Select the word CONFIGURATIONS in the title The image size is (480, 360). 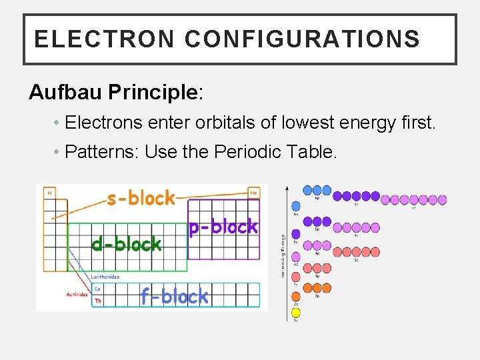pos(302,39)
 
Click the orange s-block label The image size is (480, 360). pos(141,198)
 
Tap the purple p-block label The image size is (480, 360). pos(222,227)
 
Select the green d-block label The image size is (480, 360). pos(126,245)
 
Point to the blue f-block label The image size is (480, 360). pos(174,296)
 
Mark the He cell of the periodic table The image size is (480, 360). pos(253,193)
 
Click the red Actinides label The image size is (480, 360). pos(77,294)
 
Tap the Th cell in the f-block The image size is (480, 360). pos(98,300)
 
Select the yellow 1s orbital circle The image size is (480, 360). pos(296,312)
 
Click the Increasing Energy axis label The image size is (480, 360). pos(283,255)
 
